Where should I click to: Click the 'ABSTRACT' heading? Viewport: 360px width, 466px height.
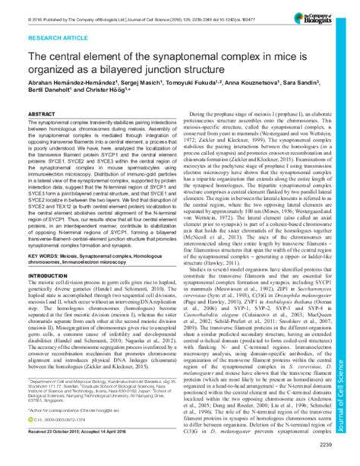point(42,112)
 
